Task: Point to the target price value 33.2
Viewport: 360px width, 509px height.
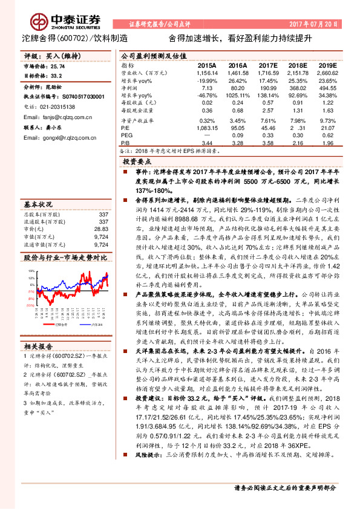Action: pos(57,76)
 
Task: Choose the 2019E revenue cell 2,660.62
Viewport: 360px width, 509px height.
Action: pos(327,72)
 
